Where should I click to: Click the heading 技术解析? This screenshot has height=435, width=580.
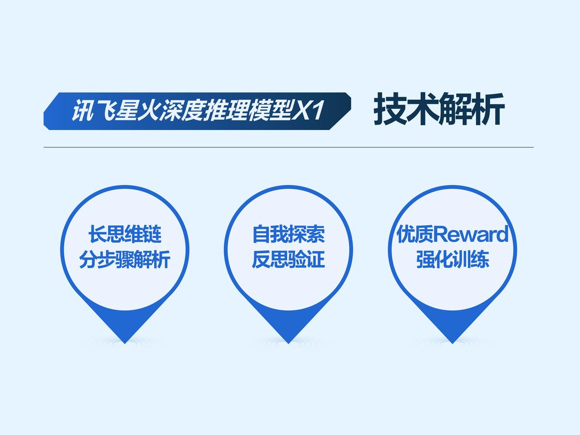point(439,110)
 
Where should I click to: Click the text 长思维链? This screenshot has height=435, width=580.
point(125,235)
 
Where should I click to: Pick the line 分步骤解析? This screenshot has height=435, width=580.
point(125,261)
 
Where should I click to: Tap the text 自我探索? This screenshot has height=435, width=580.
point(289,235)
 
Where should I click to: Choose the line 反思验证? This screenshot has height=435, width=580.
point(289,261)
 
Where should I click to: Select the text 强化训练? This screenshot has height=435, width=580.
point(452,261)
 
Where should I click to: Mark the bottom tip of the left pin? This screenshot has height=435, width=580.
point(125,343)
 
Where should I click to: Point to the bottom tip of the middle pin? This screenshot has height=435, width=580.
point(289,343)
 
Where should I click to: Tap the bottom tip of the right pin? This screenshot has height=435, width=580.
point(452,343)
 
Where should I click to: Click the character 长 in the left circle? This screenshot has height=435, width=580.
point(97,235)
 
